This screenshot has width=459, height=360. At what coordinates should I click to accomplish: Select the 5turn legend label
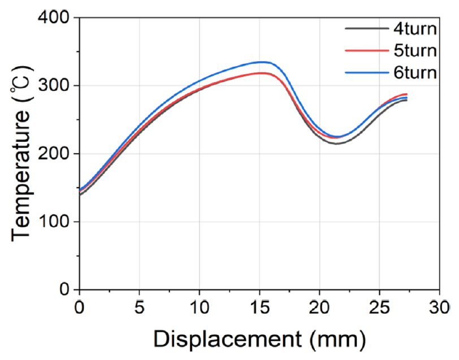pos(415,50)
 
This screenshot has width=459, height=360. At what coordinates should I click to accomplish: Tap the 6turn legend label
pos(415,73)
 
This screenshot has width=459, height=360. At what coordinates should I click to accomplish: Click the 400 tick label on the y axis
pos(55,18)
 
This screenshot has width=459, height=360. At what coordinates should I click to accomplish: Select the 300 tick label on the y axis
pos(55,86)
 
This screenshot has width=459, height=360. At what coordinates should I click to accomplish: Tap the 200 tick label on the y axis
pos(55,154)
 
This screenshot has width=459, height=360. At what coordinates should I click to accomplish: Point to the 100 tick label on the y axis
pos(55,222)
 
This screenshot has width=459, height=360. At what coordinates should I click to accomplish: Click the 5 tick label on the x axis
pos(140,308)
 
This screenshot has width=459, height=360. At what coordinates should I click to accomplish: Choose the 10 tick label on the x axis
pos(199,308)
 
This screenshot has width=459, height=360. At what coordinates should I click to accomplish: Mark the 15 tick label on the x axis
pos(259,308)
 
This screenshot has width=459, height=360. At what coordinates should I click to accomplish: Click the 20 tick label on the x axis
pos(319,308)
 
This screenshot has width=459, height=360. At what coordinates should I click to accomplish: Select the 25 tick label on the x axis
pos(379,308)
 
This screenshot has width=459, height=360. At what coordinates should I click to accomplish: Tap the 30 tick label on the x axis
pos(439,308)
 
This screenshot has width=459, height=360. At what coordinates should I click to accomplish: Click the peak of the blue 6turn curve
pos(261,62)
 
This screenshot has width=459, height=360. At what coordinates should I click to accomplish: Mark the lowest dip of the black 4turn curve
pos(337,144)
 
